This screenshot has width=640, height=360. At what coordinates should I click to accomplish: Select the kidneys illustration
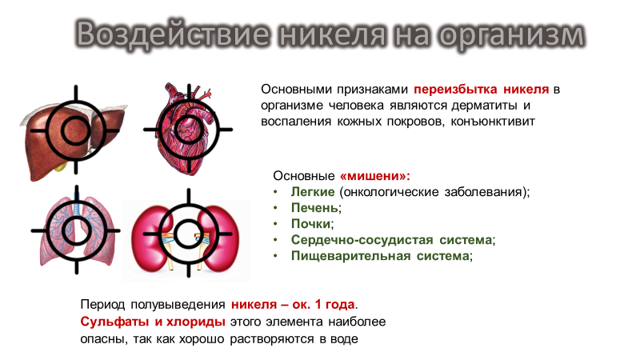tap(187, 234)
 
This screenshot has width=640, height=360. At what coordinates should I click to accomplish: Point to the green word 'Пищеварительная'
tap(347, 256)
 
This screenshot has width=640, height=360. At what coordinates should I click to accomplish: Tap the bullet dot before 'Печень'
tap(275, 208)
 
